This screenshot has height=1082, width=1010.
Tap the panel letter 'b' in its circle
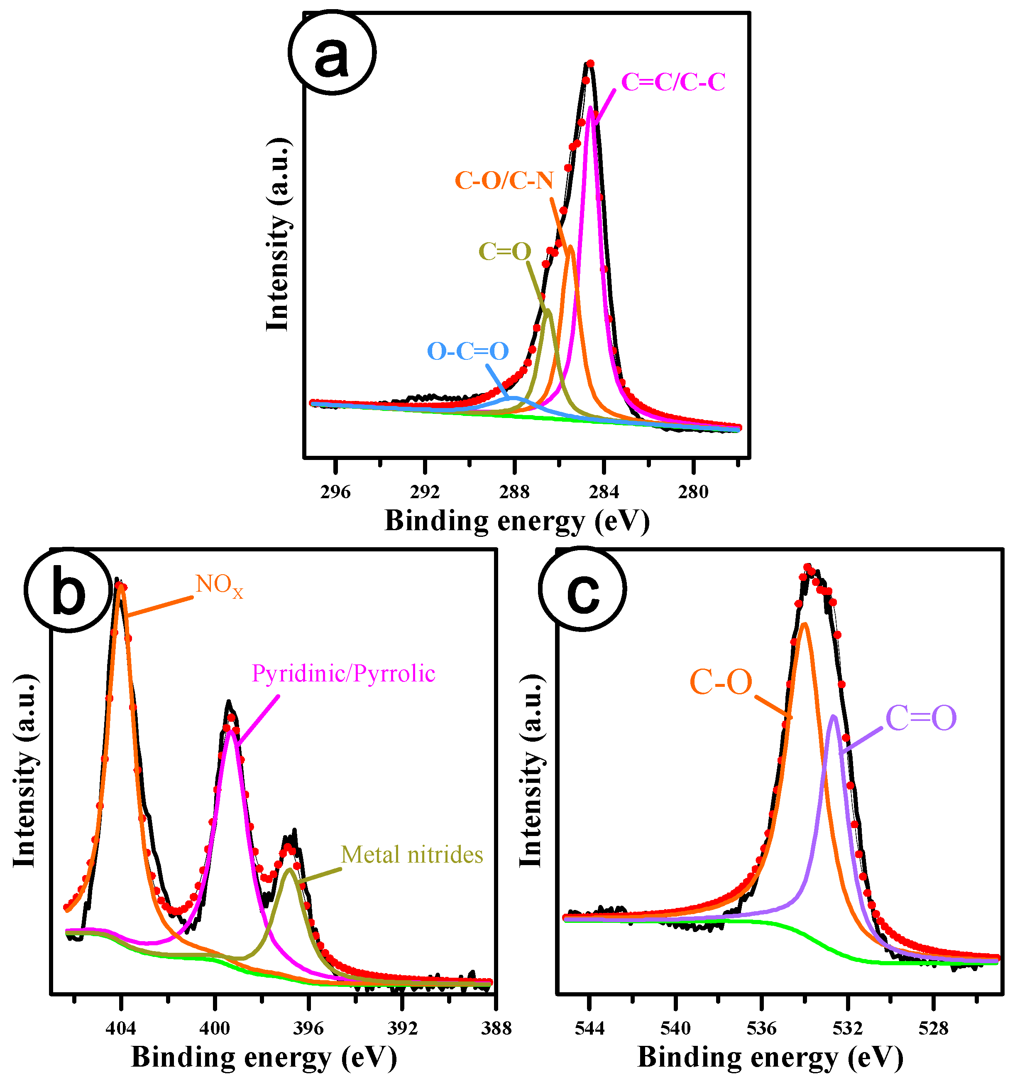pos(68,594)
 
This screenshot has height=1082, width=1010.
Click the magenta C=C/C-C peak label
pos(673,82)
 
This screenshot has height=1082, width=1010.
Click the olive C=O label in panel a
pos(505,251)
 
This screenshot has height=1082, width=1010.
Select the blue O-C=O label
pos(468,351)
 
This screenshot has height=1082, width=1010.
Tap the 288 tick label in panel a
pos(514,492)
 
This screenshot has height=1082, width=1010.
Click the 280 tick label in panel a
pos(693,492)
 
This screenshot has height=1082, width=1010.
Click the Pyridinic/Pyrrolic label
pos(343,674)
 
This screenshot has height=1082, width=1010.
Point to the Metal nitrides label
pos(412,854)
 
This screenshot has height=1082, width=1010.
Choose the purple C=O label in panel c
pos(921,718)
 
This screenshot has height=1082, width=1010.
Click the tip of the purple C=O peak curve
pos(833,717)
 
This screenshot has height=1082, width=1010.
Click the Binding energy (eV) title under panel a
pos(517,521)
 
